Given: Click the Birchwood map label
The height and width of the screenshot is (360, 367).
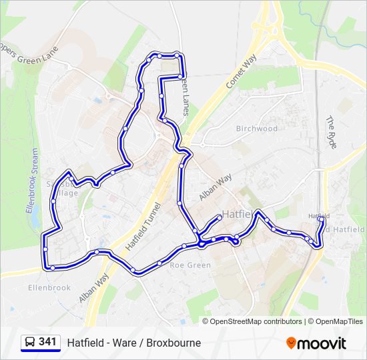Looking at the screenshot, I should pos(256,129).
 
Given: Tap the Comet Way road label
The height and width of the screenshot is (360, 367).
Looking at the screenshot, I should pos(241,71).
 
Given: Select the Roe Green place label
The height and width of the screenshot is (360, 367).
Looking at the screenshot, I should pos(190,265).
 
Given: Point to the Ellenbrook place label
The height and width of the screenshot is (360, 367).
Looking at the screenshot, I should pos(49,287).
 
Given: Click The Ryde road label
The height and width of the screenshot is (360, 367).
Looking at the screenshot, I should pos(332,132).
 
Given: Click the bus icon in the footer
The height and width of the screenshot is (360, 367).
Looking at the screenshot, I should pos(29,343).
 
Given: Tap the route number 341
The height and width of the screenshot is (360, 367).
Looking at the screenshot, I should pos(47,342).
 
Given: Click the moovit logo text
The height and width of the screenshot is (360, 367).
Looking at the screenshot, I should pos(322,343).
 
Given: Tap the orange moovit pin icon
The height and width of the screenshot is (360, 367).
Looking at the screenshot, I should pos(291,343).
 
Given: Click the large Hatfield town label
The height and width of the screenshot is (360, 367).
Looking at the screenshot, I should pos(238,215).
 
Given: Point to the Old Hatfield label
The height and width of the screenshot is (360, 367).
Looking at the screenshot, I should pos(345,229).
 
